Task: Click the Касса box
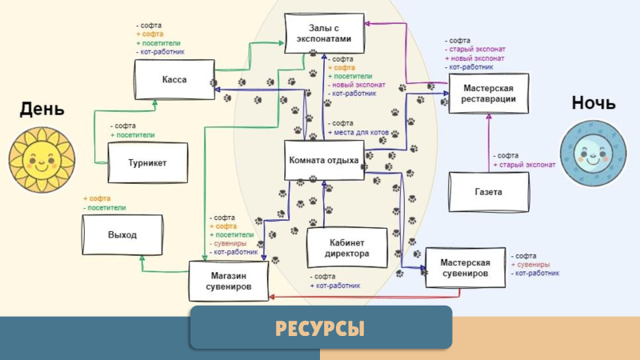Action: coord(174,81)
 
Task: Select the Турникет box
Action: coord(147,162)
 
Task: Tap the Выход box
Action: coord(122,234)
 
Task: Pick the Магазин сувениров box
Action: coord(228,281)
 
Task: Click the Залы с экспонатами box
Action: coord(324,34)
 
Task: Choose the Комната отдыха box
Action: coord(323,160)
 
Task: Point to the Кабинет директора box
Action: coord(348,248)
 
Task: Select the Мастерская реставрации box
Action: coord(488,94)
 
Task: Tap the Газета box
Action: coord(488,192)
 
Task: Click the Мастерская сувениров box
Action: coord(466,267)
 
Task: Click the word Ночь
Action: coord(593,104)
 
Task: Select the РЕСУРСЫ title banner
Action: coord(320,327)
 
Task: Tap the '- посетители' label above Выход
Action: coord(106,207)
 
